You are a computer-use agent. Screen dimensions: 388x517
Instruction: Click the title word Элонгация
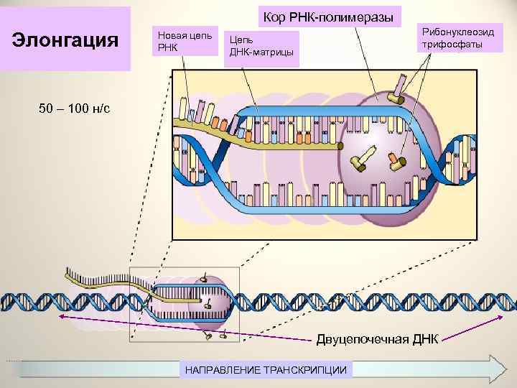point(66,39)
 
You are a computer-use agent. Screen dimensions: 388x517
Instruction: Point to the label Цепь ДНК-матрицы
point(261,47)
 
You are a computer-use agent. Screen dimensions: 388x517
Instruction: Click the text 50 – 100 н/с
point(75,108)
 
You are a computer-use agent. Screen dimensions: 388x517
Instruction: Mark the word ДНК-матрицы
point(261,52)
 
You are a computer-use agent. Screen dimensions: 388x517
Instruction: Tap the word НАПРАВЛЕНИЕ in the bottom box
point(223,369)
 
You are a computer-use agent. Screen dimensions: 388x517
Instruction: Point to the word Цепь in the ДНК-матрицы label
point(240,40)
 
